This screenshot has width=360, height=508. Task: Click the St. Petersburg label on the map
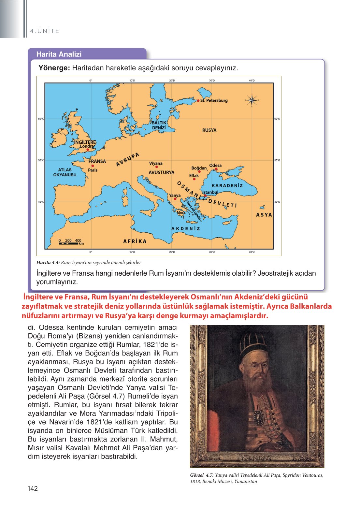click(x=214, y=100)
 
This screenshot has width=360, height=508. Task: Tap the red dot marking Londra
click(x=88, y=150)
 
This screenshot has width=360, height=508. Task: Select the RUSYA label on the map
click(x=209, y=130)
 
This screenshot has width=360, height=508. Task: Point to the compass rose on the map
click(x=252, y=100)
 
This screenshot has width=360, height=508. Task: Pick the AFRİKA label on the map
click(x=135, y=241)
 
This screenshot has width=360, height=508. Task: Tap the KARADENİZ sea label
click(x=227, y=185)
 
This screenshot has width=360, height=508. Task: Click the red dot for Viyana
click(x=157, y=167)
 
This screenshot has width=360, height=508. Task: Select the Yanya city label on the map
click(x=175, y=195)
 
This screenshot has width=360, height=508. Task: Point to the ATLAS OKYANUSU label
click(x=65, y=172)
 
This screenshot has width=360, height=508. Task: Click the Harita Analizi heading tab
click(x=59, y=54)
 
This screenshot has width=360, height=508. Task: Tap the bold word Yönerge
click(x=54, y=68)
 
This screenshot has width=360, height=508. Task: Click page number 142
click(x=33, y=488)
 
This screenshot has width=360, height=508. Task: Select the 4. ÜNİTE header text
click(x=45, y=31)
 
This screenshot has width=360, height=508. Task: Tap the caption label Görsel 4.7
click(x=202, y=475)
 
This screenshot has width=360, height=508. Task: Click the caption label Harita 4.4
click(x=48, y=262)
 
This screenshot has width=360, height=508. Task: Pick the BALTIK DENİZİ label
click(x=159, y=125)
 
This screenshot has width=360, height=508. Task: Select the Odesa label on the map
click(x=215, y=165)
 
